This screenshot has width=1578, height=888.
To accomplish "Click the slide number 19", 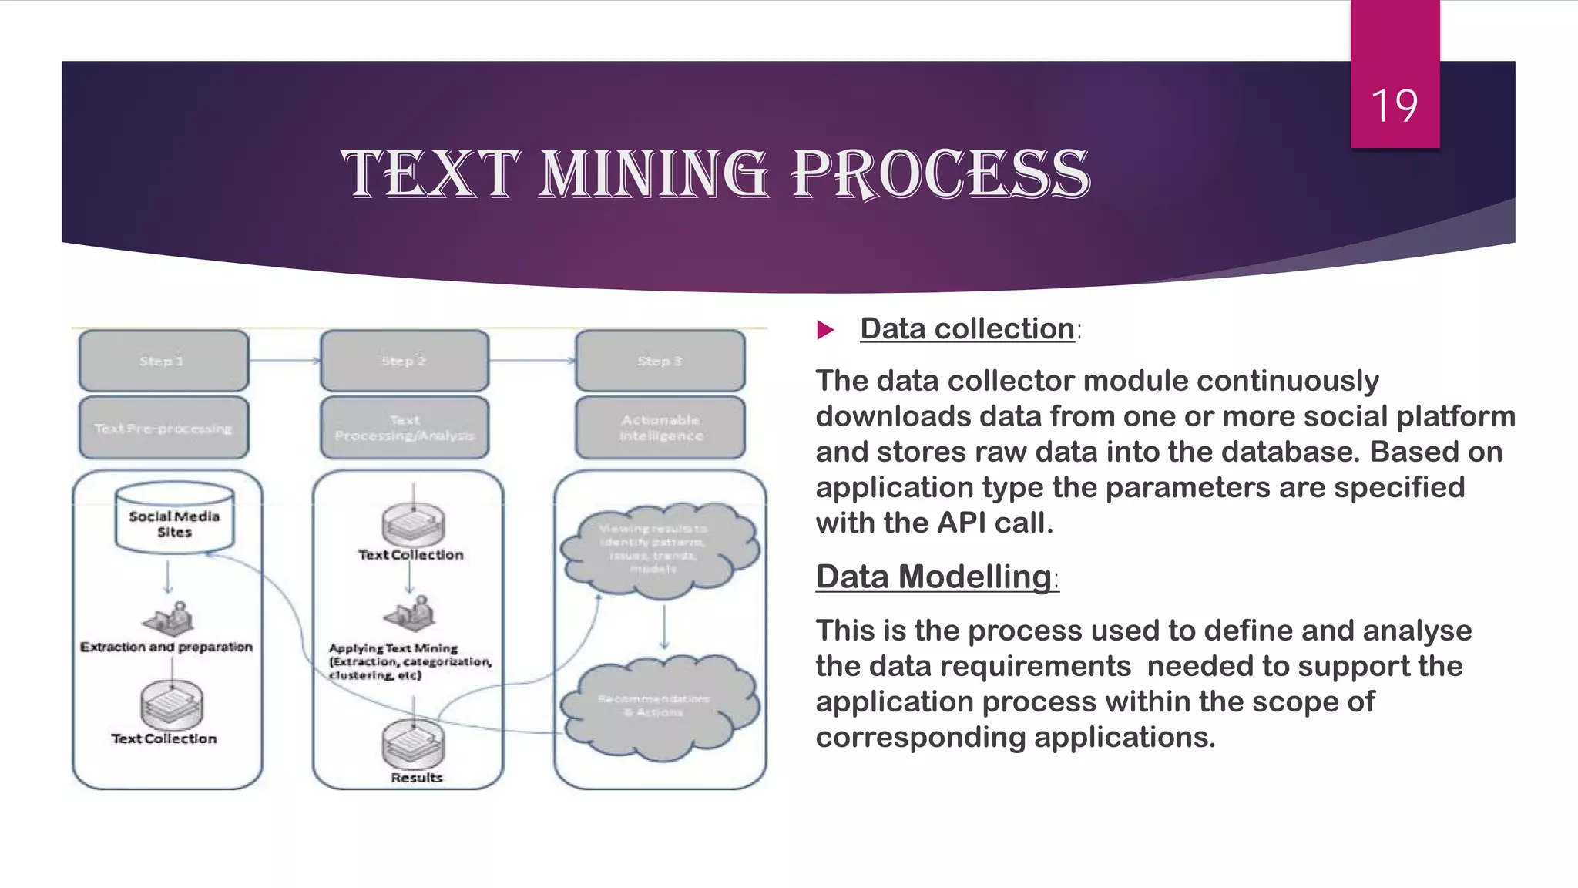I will coord(1394,106).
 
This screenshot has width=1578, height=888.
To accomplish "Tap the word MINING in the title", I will coord(653,174).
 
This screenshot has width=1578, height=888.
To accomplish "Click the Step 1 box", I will coord(163,361).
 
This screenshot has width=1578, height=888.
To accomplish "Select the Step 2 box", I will coord(405,361).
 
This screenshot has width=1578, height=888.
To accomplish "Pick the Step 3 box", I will coord(660,361).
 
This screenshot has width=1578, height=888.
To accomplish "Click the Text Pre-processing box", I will coord(163,428).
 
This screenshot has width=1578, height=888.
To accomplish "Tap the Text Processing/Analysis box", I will coord(405,428).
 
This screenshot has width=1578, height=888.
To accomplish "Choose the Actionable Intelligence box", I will coord(660,428).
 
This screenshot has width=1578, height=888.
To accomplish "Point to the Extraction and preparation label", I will coord(166,647).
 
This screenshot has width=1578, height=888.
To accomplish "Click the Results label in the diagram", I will coord(417,778).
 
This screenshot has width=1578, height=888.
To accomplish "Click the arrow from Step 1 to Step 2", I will coord(284,360).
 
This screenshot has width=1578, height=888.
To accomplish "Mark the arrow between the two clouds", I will coord(664,626).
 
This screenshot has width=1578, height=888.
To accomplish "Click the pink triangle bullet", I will coord(825,330).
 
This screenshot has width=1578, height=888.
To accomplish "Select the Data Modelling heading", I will coord(934,577).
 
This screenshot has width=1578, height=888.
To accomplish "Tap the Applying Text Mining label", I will coord(394,648).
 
